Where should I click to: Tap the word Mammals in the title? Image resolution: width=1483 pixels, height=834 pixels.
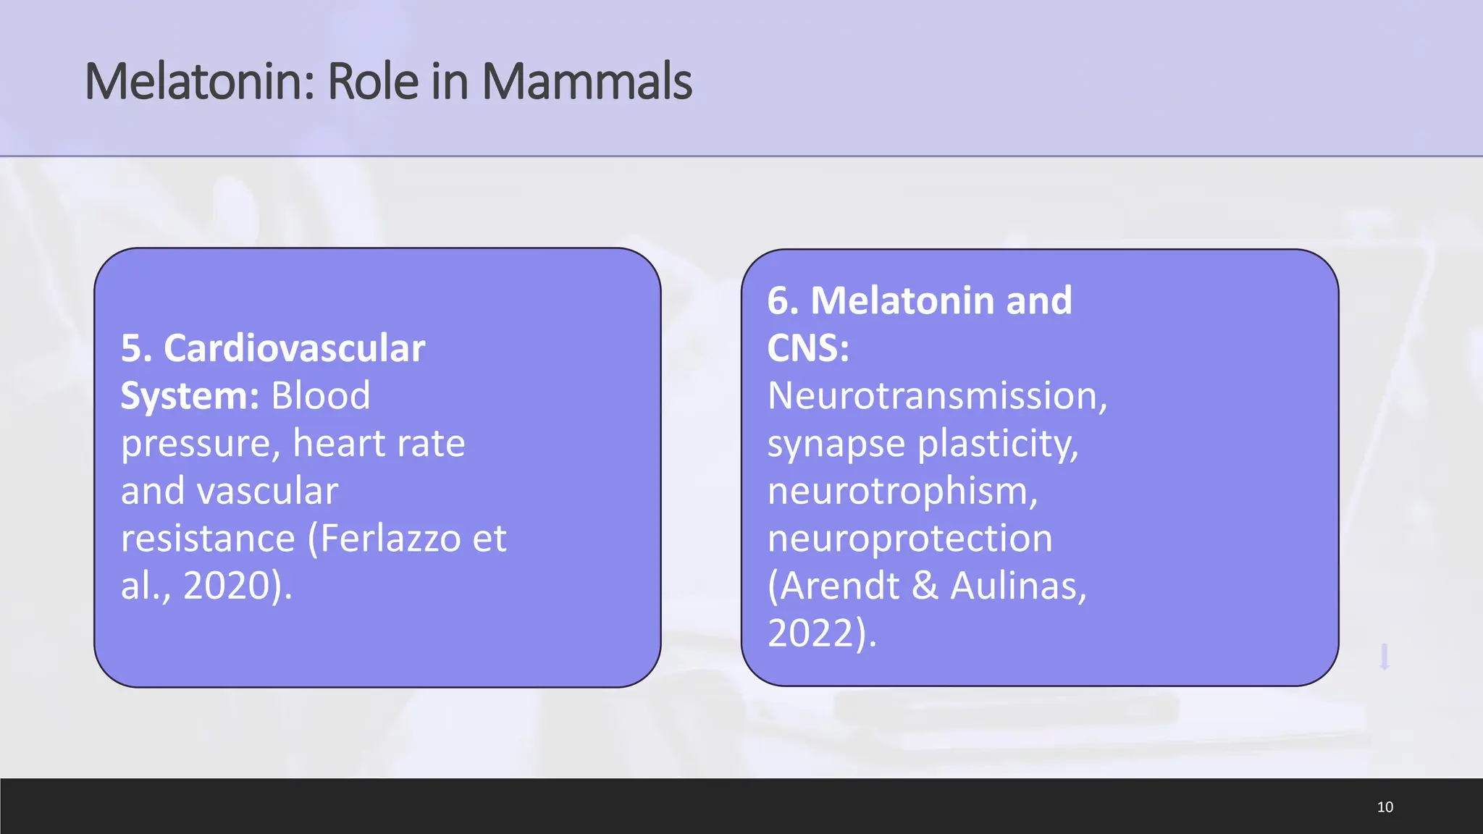coord(587,81)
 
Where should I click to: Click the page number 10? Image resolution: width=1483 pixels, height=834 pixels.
coord(1385,806)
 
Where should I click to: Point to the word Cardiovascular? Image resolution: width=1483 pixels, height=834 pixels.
coord(294,348)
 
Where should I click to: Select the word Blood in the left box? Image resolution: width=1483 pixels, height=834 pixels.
coord(320,396)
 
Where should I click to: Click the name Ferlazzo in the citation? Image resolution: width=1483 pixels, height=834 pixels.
coord(390,538)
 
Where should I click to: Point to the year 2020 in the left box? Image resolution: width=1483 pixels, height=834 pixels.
coord(226,586)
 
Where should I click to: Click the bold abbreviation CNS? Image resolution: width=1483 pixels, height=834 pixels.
coord(808,348)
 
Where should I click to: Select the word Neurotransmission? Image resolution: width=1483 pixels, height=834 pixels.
coord(937,396)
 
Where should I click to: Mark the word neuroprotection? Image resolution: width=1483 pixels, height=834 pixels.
coord(909,539)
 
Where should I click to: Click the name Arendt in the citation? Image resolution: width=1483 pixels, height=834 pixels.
coord(839,586)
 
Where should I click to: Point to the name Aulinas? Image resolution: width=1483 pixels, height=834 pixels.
coord(1018,586)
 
